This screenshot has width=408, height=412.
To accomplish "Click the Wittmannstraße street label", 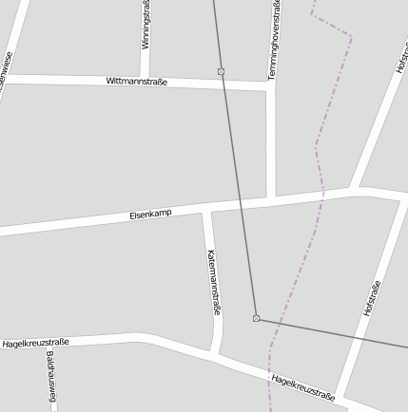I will point(137,83).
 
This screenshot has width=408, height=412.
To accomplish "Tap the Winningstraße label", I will point(146,26).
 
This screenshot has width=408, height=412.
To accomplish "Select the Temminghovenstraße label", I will point(274,40).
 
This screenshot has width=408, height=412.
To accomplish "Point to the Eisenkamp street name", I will point(150,216).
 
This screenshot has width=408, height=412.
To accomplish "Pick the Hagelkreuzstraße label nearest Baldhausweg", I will point(35,342).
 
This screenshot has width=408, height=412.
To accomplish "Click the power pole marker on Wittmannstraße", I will point(221,72).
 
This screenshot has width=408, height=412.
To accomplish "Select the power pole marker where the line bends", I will point(256,318).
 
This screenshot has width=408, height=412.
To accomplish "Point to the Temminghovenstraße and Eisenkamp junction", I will point(271,199).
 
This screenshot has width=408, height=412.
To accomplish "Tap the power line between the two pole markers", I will point(238,190).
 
